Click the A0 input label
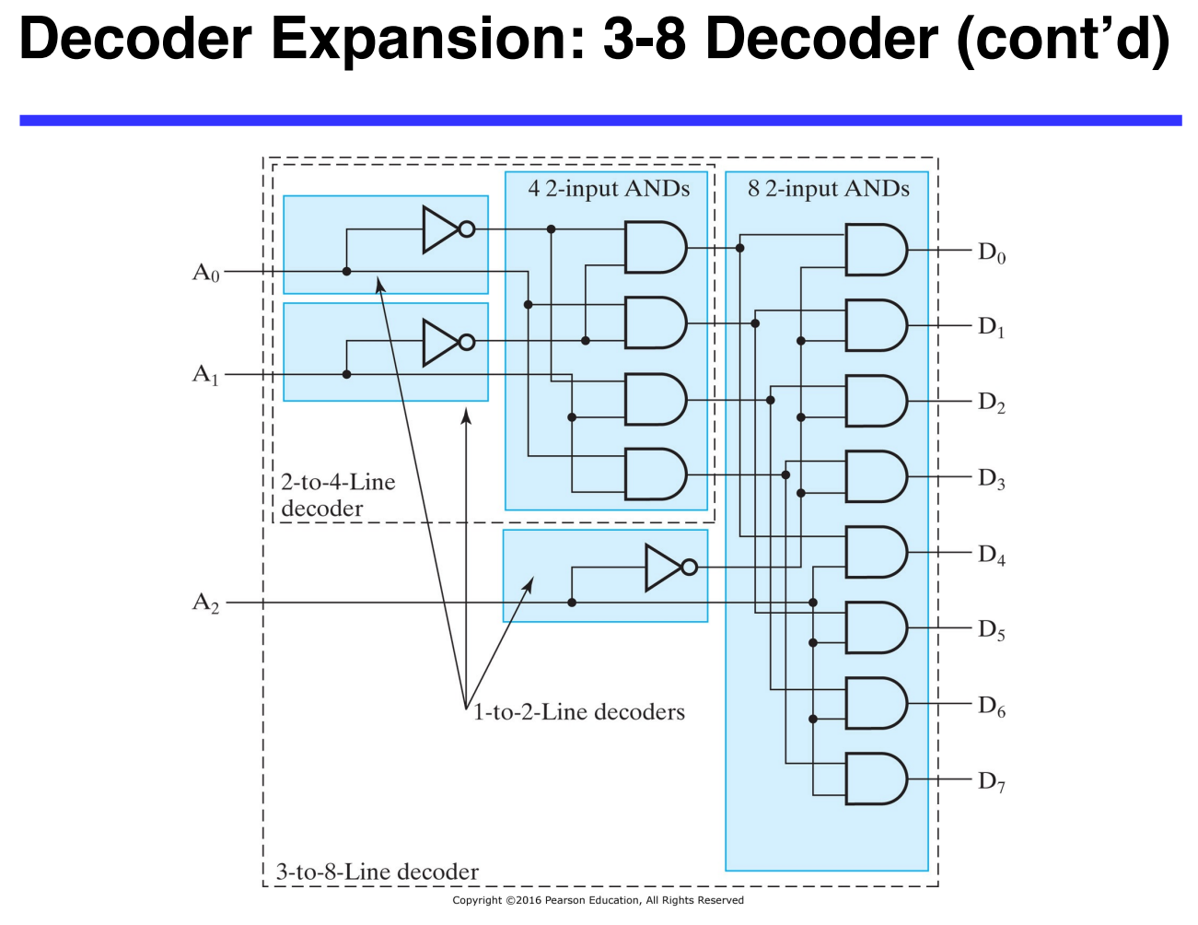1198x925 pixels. click(206, 273)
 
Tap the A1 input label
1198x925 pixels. click(206, 375)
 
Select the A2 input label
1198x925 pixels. click(206, 603)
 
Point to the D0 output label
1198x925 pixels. click(992, 252)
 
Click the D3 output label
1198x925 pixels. click(992, 479)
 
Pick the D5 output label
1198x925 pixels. click(992, 630)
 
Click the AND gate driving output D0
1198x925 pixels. click(875, 250)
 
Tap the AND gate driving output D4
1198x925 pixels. click(875, 552)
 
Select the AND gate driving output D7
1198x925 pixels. click(875, 779)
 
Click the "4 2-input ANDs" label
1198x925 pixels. click(609, 189)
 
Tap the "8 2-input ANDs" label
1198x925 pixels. click(828, 189)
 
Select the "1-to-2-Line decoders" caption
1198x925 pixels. click(579, 712)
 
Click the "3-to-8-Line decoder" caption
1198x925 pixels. click(378, 872)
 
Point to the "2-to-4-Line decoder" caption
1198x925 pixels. click(338, 495)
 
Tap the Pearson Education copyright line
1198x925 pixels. click(598, 900)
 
